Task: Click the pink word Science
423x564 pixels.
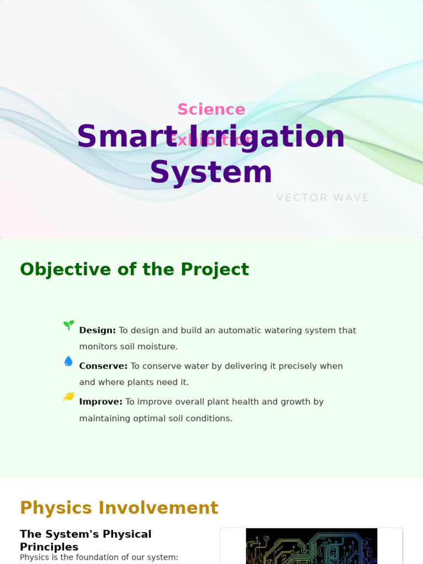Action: coord(211,110)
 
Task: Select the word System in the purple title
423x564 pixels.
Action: coord(211,172)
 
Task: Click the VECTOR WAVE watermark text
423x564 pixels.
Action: coord(322,197)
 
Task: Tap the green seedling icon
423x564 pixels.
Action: coord(68,325)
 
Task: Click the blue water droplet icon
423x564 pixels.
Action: coord(68,361)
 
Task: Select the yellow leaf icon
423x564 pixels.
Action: coord(68,397)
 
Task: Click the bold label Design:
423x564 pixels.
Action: coord(97,330)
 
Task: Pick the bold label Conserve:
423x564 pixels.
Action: coord(103,366)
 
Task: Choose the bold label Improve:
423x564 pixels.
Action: coord(101,402)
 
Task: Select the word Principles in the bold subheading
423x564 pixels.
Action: coord(49,547)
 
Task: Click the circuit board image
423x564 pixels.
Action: coord(311,546)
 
